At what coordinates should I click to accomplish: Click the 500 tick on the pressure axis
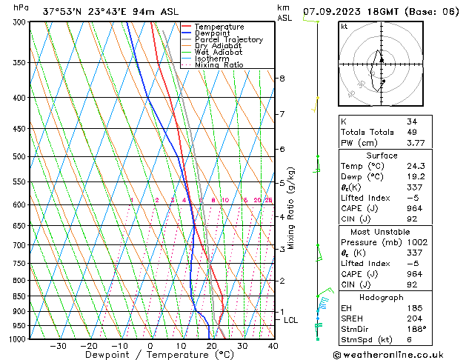click(x=19, y=156)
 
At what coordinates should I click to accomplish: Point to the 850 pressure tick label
click(x=19, y=296)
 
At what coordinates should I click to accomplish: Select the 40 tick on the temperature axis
click(x=273, y=346)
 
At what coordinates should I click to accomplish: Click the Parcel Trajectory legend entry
click(x=228, y=39)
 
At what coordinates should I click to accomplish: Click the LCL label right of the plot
click(x=290, y=320)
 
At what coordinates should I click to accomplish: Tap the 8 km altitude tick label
click(x=282, y=79)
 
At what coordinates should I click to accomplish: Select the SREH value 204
click(x=413, y=317)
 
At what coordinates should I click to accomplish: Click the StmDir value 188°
click(x=415, y=328)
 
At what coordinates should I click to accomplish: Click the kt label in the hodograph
click(x=344, y=27)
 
